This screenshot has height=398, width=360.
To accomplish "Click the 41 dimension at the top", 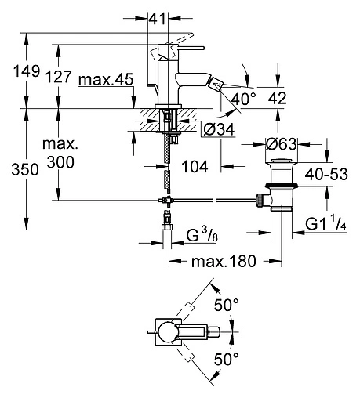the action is [x=158, y=19].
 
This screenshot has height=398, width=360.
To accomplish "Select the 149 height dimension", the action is [x=27, y=71].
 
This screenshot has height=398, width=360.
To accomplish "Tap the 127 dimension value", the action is [x=58, y=77].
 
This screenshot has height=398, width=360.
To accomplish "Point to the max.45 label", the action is [x=106, y=79].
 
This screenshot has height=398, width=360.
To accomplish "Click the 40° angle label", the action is [x=244, y=99].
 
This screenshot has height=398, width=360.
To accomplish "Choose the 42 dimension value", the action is [x=277, y=99].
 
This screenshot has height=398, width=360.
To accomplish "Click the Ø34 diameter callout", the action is [x=219, y=129].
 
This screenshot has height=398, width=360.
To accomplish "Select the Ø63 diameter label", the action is [x=282, y=144].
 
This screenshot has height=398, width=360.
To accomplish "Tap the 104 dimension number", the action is [x=195, y=167].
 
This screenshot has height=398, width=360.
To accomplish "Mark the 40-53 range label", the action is [x=326, y=174].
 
